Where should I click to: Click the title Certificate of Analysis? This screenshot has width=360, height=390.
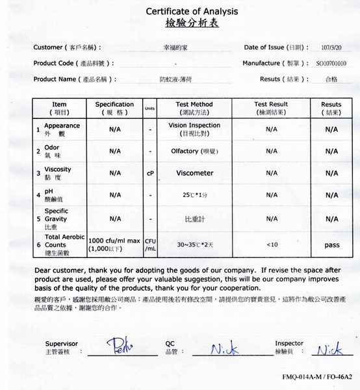pos(191,11)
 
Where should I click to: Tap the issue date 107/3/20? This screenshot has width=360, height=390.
pos(331,47)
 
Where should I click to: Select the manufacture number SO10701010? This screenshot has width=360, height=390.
pos(331,64)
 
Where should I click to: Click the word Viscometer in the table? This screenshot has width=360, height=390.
pos(194,174)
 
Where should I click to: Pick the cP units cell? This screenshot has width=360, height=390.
pos(150,174)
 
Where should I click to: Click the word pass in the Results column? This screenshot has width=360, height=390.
pos(331,245)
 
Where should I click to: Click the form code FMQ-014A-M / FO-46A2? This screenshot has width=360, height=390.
pos(316,376)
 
